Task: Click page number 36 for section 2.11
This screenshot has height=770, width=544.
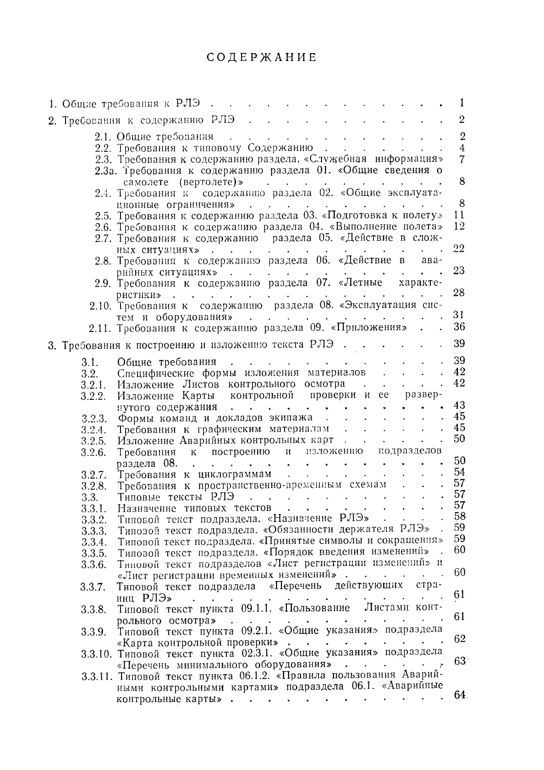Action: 459,327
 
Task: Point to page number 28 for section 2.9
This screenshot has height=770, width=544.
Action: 459,293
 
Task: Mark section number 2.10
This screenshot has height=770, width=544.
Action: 101,305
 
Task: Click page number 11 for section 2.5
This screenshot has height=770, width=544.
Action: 459,215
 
